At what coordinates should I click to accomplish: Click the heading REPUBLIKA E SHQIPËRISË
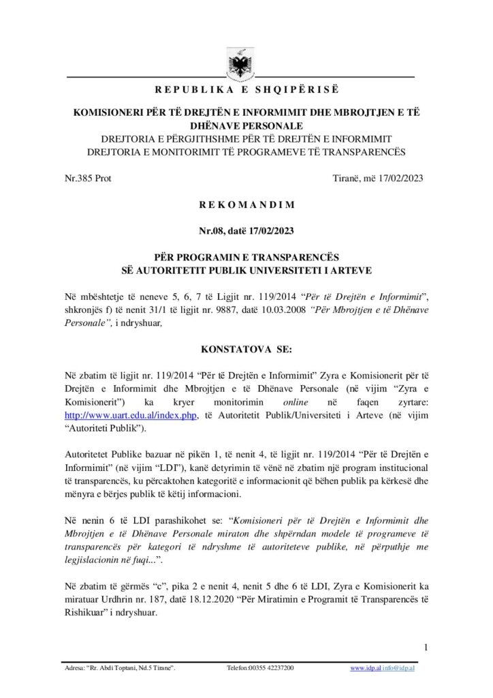point(246,90)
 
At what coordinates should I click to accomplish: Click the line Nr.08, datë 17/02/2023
point(246,230)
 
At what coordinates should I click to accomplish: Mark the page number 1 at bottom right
point(425,647)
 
